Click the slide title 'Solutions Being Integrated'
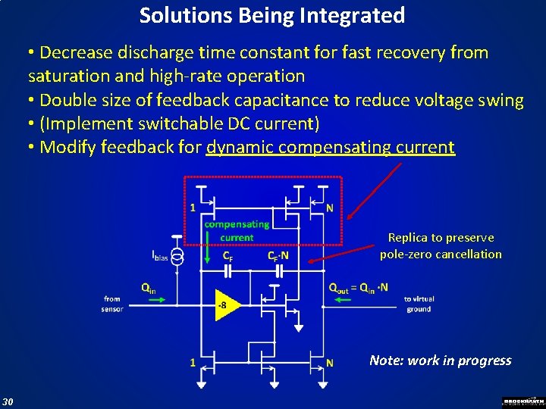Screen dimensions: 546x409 tap(272, 15)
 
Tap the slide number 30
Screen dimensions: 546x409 tap(8, 401)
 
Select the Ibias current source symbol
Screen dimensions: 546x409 tap(177, 258)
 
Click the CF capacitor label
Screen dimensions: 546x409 tap(227, 256)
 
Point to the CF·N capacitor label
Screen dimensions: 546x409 tap(278, 256)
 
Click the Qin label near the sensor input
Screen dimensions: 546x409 tap(149, 287)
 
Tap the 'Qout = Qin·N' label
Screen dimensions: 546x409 tap(358, 287)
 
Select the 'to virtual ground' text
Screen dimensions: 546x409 tap(418, 304)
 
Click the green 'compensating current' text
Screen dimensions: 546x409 tap(237, 230)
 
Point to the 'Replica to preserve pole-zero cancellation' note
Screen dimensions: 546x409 tap(441, 246)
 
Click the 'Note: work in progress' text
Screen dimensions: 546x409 tap(440, 361)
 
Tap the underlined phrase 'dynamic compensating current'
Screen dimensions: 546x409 tap(331, 147)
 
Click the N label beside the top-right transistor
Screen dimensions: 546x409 tap(330, 208)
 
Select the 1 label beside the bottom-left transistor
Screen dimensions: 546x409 tap(193, 363)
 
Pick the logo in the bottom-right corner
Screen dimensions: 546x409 tap(523, 401)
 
